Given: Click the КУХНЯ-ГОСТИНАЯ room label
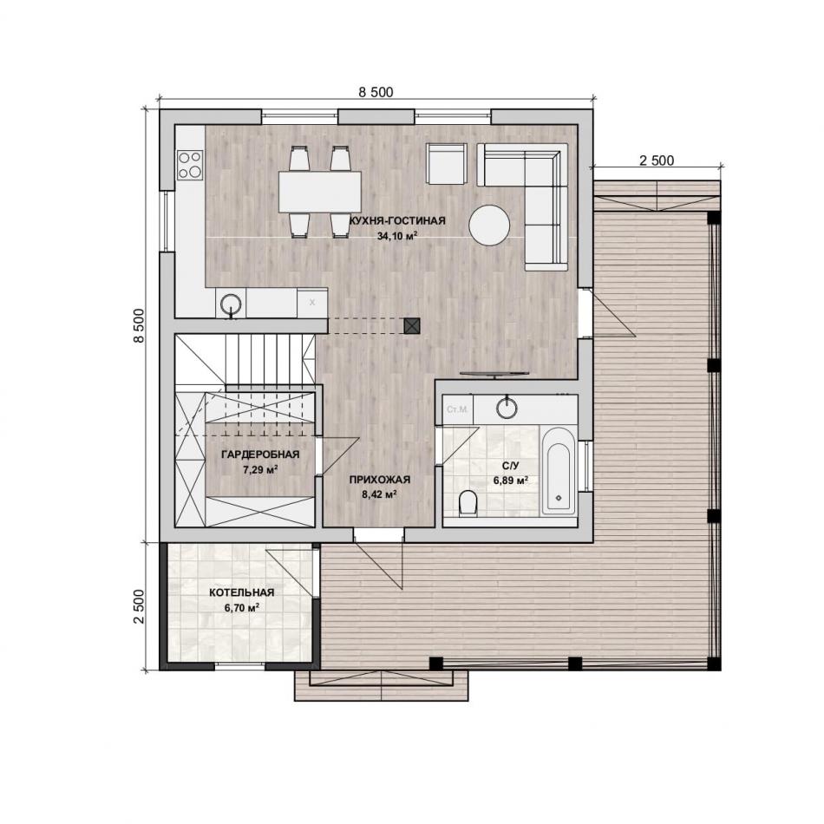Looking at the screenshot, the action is point(397,220).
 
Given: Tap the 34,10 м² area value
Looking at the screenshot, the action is point(397,236).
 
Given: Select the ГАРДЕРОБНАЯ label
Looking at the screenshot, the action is point(260,455).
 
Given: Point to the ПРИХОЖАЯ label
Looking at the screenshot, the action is point(379,480).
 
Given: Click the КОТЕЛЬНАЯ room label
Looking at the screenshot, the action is point(242,592).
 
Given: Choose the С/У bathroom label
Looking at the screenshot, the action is point(510,466).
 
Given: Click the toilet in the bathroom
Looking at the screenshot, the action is point(468,503).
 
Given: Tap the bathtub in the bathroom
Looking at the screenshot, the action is point(558,470).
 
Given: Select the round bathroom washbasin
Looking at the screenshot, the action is point(507,408).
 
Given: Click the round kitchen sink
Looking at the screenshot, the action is point(231,304).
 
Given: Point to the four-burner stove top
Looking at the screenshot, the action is point(190,165).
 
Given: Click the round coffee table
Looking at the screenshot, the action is point(489,226).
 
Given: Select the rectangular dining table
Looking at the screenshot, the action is point(320,192).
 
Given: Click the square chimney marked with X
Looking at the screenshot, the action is point(412,326).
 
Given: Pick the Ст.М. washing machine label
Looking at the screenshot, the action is point(457,409).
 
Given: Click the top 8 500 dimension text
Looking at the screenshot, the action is point(376,93).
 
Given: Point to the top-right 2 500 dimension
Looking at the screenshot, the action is point(657,160).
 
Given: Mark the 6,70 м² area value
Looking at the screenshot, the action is point(242,608).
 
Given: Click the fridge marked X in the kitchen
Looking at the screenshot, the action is point(312,303).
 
